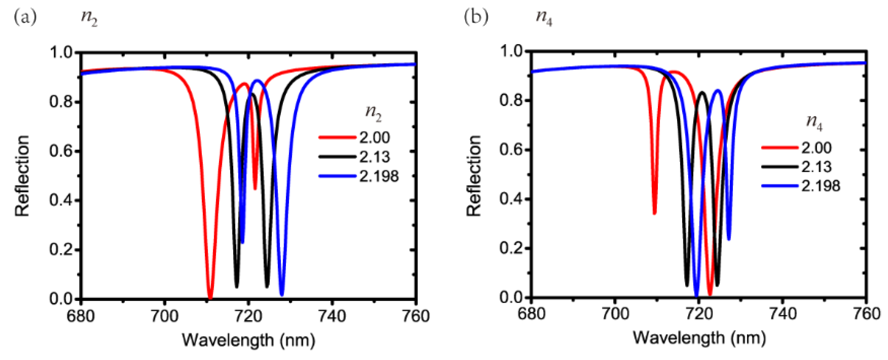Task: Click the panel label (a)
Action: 25,17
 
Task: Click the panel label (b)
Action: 476,17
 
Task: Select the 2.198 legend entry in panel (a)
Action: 379,177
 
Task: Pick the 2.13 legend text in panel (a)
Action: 375,157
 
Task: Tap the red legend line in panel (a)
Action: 337,137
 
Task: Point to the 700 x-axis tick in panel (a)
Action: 165,316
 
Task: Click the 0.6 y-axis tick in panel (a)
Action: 61,151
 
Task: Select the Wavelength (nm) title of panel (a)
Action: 248,340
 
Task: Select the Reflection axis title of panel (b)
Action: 474,176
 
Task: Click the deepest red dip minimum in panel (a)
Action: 210,297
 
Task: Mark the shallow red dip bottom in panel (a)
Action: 255,188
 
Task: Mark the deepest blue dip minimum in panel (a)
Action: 282,294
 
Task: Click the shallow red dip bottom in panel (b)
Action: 655,213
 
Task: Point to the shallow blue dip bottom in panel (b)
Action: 729,239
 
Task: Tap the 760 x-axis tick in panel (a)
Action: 416,316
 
